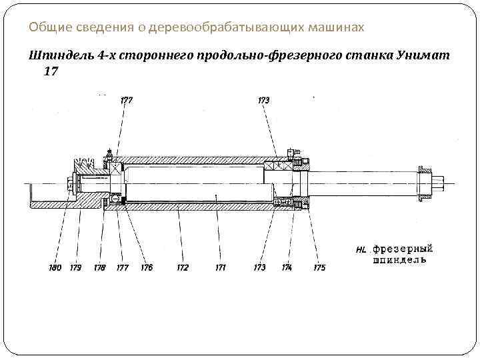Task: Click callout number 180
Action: [x=55, y=267]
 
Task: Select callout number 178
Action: [x=99, y=267]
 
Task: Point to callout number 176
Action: [x=146, y=267]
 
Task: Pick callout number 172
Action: [x=182, y=267]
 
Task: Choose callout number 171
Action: [x=220, y=267]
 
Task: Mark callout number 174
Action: [x=287, y=267]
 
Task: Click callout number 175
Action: [x=319, y=267]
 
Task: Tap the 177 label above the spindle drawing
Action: [x=126, y=101]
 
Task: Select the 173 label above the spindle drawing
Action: [x=263, y=101]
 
